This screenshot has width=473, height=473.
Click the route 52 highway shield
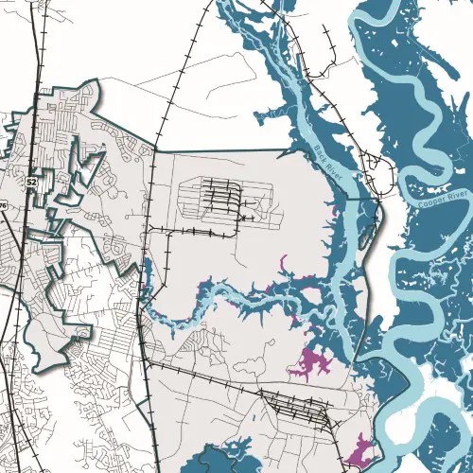(x=32, y=179)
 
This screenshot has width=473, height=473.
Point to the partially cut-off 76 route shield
(x=3, y=205)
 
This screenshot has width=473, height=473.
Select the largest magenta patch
(x=311, y=363)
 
